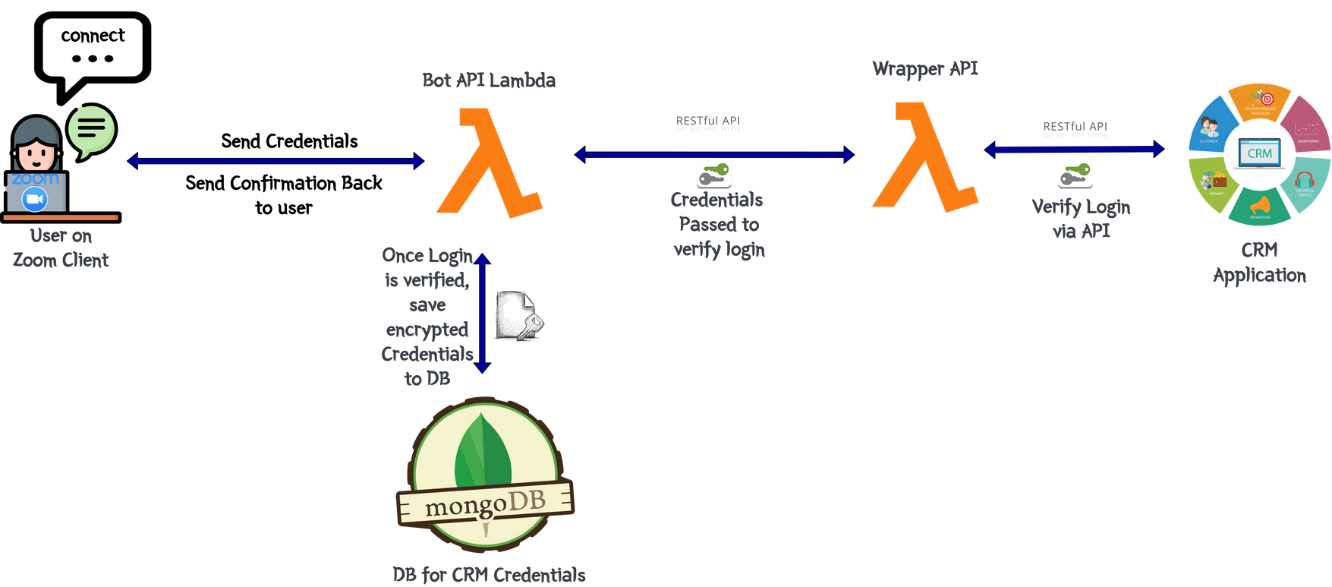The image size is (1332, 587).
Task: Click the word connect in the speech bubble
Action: click(93, 36)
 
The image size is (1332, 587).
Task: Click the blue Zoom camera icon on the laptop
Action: click(35, 199)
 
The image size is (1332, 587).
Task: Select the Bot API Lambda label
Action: click(489, 80)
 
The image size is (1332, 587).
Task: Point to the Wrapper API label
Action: click(924, 68)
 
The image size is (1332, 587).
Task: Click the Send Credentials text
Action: click(289, 141)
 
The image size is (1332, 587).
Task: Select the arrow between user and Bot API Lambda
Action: click(275, 160)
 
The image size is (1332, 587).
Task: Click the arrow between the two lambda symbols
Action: click(713, 155)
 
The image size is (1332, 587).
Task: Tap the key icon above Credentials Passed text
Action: click(713, 175)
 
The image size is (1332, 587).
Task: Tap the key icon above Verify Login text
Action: click(1075, 175)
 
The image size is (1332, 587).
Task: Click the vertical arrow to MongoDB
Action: click(482, 313)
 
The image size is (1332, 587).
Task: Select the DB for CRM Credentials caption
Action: click(489, 574)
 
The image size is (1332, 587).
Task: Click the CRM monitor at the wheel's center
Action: click(1259, 154)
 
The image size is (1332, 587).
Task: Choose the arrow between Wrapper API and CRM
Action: click(1073, 149)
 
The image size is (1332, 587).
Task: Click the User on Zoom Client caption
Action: click(61, 248)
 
